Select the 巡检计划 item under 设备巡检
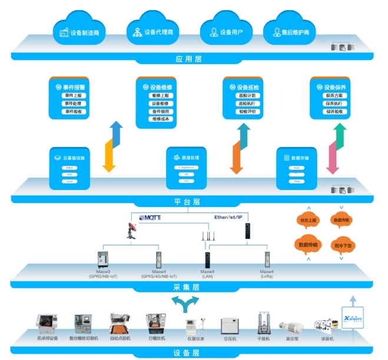[247, 95]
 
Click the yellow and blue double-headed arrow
[111, 146]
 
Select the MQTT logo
[150, 217]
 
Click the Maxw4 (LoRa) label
[267, 274]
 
